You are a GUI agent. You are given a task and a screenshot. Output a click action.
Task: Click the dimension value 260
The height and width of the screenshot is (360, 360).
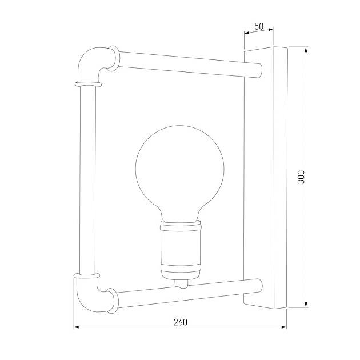pos(179,322)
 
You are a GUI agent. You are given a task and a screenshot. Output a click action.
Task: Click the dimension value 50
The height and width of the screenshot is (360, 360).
pos(259,27)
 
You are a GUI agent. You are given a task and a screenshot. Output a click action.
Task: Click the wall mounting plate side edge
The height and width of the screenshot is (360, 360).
pos(280,177)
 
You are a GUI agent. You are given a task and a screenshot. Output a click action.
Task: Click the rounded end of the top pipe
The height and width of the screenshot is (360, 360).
pos(259,70)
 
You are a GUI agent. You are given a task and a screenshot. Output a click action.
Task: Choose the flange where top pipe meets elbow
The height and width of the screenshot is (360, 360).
pos(117,59)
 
